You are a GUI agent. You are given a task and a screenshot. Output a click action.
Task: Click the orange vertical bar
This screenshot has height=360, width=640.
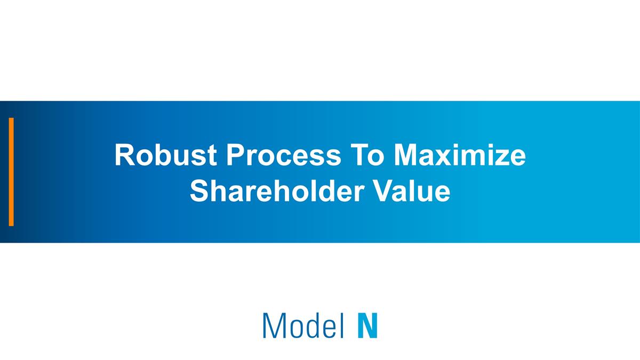pyautogui.click(x=11, y=172)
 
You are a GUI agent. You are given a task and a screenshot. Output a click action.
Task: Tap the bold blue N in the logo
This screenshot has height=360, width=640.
pyautogui.click(x=367, y=325)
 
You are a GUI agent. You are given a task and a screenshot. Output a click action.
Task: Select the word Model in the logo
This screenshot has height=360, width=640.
pyautogui.click(x=302, y=325)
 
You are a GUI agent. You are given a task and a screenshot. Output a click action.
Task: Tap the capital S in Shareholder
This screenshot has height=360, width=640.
pyautogui.click(x=199, y=191)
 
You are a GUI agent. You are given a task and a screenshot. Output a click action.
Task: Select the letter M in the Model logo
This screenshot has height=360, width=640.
pyautogui.click(x=273, y=325)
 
